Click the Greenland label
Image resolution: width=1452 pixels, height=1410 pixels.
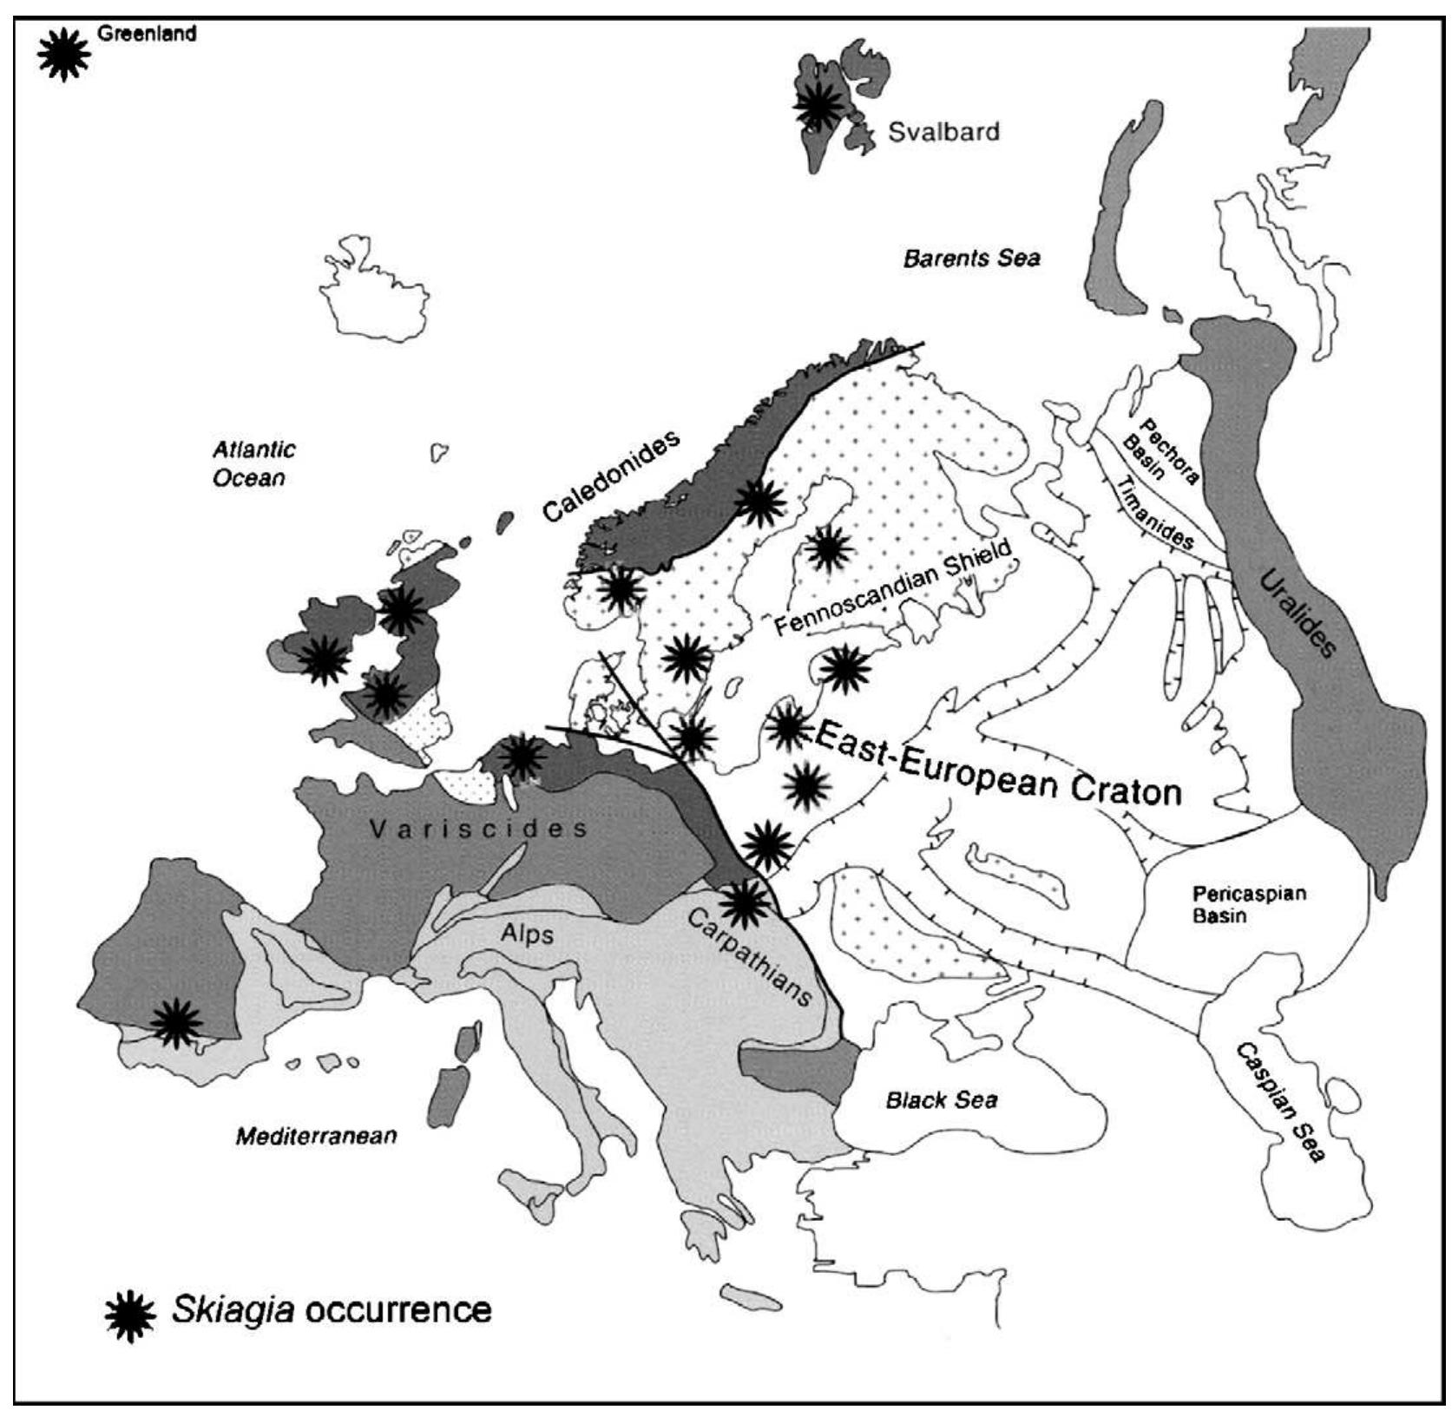[147, 35]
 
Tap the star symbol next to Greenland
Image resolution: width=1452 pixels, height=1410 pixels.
[64, 55]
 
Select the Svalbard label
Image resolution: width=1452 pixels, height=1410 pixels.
[943, 132]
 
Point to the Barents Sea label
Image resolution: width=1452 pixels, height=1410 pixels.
[971, 258]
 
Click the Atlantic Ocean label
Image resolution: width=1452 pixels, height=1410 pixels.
[253, 463]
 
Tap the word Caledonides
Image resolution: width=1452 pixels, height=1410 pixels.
[611, 476]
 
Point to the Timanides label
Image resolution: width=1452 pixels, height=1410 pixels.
[1153, 514]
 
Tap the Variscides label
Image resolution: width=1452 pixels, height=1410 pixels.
[478, 830]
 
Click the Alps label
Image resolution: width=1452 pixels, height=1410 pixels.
[527, 934]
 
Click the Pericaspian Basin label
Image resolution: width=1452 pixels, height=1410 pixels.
[1248, 903]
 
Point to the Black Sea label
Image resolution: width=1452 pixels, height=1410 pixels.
[941, 1100]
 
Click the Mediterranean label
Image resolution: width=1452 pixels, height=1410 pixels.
[316, 1136]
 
